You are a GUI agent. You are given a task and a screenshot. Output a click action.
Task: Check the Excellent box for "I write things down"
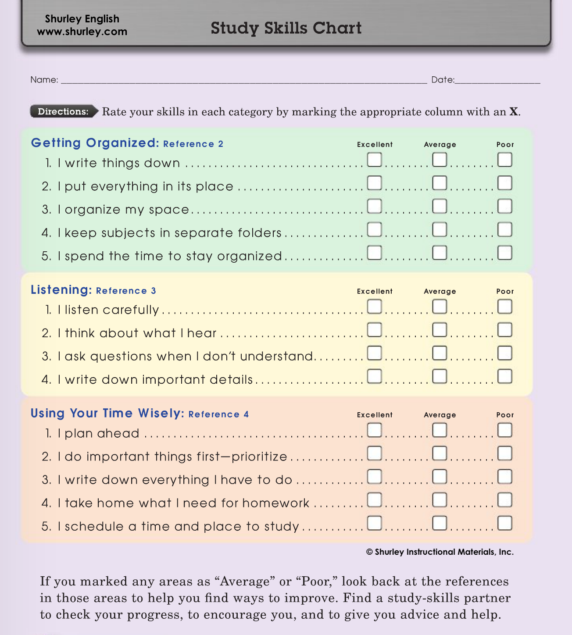(x=374, y=159)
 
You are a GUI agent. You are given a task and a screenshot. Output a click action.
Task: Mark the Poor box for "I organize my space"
(x=505, y=206)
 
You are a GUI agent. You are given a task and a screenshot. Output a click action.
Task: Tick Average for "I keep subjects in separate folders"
(x=440, y=229)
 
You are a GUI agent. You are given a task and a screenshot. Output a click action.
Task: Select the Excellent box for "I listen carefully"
(x=374, y=306)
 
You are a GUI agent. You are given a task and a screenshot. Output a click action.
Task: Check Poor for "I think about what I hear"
(x=505, y=330)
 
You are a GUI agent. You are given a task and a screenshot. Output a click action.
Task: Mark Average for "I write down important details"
(x=440, y=376)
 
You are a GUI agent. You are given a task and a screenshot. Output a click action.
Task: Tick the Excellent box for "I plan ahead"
(x=374, y=430)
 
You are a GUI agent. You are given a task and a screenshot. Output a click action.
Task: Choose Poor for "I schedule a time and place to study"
(x=505, y=523)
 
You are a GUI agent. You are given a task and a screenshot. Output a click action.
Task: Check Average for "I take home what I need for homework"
(x=440, y=499)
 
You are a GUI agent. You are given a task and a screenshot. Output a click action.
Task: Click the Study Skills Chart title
(x=286, y=28)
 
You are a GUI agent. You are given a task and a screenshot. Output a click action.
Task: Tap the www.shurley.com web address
(x=82, y=32)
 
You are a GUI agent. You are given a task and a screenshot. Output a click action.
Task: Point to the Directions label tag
(x=63, y=111)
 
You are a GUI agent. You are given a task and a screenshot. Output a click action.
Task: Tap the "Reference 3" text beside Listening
(x=126, y=291)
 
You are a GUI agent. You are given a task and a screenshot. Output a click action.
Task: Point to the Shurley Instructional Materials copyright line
(x=440, y=552)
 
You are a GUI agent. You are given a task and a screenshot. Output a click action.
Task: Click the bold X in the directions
(x=514, y=112)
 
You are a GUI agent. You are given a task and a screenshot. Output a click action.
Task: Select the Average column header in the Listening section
(x=440, y=291)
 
